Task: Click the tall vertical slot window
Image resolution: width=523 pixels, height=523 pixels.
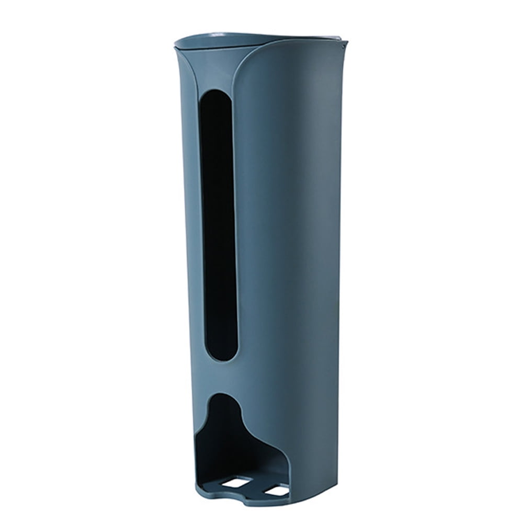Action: point(218,220)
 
